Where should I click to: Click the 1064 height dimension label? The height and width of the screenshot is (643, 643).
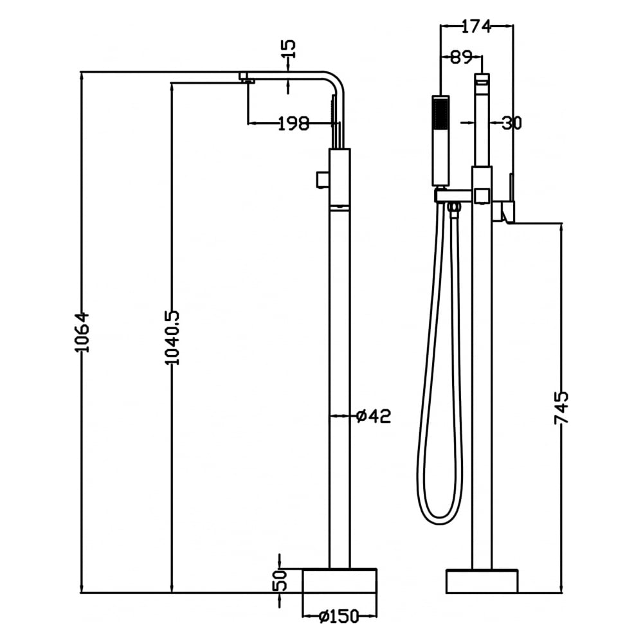[x=82, y=332]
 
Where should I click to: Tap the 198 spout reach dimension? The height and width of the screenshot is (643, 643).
[x=293, y=123]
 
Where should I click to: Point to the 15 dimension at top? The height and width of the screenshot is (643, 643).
[x=289, y=50]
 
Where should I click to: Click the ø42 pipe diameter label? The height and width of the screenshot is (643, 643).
[x=374, y=416]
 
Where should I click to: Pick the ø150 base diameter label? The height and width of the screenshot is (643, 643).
[x=339, y=615]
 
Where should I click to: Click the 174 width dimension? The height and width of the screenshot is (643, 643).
[x=476, y=26]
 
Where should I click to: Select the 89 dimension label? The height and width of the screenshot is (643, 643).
[x=461, y=57]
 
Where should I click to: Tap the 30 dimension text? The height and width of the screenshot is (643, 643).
[x=511, y=123]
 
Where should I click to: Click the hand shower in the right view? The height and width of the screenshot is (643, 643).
[x=441, y=141]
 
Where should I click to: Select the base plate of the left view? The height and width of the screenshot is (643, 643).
[x=340, y=581]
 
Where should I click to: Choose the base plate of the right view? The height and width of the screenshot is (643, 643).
[x=482, y=581]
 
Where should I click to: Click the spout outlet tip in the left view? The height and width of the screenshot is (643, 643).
[x=248, y=78]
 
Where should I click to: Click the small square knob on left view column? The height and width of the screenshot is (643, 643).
[x=323, y=179]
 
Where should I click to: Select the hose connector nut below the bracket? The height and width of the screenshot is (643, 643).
[x=453, y=208]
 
